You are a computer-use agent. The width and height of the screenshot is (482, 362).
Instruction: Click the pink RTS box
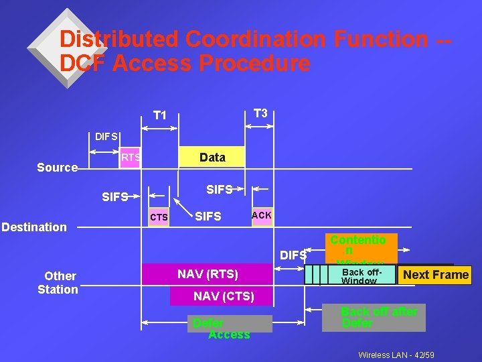(x=131, y=158)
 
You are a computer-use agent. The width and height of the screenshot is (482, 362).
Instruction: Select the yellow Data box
(x=212, y=158)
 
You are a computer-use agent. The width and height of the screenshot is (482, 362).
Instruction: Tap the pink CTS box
(x=159, y=217)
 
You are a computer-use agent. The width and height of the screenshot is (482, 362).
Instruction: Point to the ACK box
(x=262, y=216)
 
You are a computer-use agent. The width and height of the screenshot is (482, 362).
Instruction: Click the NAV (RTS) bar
(x=208, y=274)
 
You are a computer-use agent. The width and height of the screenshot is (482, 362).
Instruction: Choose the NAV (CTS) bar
(x=224, y=296)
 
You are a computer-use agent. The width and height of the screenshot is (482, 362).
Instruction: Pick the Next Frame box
(x=435, y=275)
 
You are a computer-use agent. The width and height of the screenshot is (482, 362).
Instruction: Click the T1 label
(x=160, y=115)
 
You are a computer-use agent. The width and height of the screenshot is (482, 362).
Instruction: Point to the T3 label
(x=260, y=113)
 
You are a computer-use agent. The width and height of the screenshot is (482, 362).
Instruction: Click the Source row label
(x=57, y=168)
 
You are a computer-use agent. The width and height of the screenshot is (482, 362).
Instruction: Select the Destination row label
(x=34, y=227)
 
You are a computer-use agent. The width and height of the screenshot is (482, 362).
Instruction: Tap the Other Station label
(x=58, y=282)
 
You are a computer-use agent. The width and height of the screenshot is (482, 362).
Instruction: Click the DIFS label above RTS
(x=106, y=136)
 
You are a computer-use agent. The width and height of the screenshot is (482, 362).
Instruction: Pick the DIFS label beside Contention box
(x=293, y=255)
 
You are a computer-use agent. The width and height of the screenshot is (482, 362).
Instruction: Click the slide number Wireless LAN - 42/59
(x=396, y=354)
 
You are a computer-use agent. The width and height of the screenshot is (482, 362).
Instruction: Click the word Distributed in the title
(x=119, y=40)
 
